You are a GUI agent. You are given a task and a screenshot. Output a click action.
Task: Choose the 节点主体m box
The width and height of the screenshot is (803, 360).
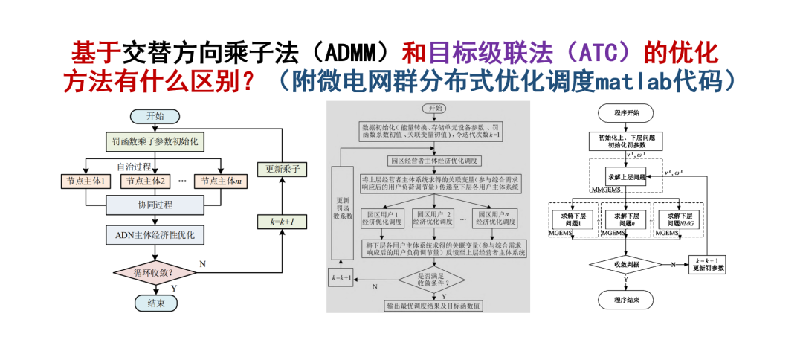220,181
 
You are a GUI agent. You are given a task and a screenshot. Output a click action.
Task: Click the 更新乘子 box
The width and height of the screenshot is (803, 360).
283,170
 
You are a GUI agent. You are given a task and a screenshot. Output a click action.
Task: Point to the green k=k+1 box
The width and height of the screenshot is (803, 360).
283,221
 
